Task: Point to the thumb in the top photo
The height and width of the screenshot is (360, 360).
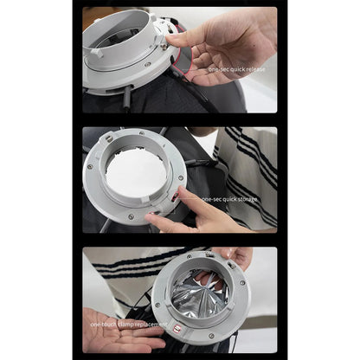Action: coord(185,37)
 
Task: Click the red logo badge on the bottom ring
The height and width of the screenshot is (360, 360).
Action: coord(177,330)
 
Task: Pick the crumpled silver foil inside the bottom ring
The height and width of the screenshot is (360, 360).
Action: coord(197,294)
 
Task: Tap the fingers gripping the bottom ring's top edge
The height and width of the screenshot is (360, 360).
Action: coord(232,257)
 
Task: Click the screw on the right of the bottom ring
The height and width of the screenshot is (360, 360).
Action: coord(243,282)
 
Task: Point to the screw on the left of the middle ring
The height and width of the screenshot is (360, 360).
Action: coord(89,167)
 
